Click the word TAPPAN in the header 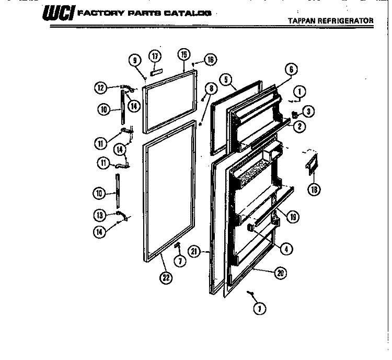[x=302, y=20]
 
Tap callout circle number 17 [x=155, y=56]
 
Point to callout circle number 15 [x=183, y=54]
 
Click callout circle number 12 [x=100, y=87]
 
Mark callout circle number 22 [x=166, y=278]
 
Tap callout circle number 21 [x=194, y=252]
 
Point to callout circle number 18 [x=314, y=189]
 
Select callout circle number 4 [x=285, y=250]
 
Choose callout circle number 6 [x=291, y=69]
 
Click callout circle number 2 [x=299, y=125]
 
